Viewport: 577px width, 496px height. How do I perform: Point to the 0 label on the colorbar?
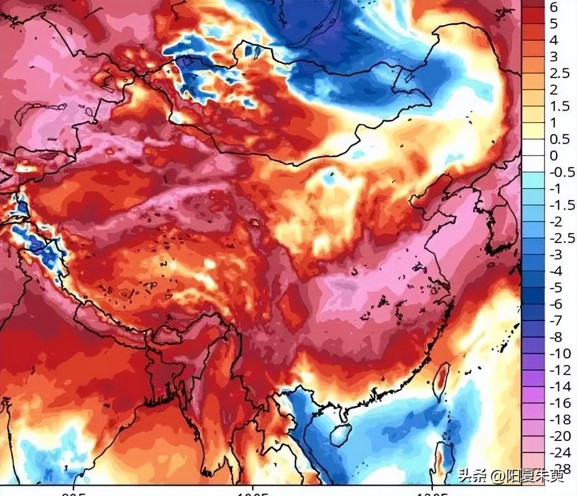coord(553,156)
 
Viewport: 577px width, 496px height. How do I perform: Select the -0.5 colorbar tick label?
coord(562,172)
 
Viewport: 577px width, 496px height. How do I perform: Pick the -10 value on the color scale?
coord(559,353)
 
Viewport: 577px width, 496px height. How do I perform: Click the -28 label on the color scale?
coord(559,469)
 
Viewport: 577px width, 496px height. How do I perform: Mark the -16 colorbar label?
coord(559,403)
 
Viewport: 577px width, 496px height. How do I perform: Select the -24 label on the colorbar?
coord(559,452)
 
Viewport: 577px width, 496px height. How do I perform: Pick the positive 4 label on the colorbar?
coord(553,40)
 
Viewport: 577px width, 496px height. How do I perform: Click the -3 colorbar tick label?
coord(557,254)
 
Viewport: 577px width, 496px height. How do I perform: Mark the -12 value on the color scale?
coord(559,370)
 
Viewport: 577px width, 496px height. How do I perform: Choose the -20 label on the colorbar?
coord(559,436)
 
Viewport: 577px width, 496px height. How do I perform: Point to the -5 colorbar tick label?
coord(557,287)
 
